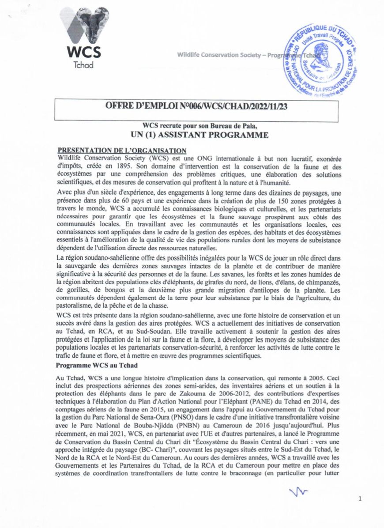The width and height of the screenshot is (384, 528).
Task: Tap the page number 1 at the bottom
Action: point(360,499)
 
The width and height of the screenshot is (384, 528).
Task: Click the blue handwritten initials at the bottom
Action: point(298,492)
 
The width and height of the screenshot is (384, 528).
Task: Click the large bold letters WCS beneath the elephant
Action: point(83,52)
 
